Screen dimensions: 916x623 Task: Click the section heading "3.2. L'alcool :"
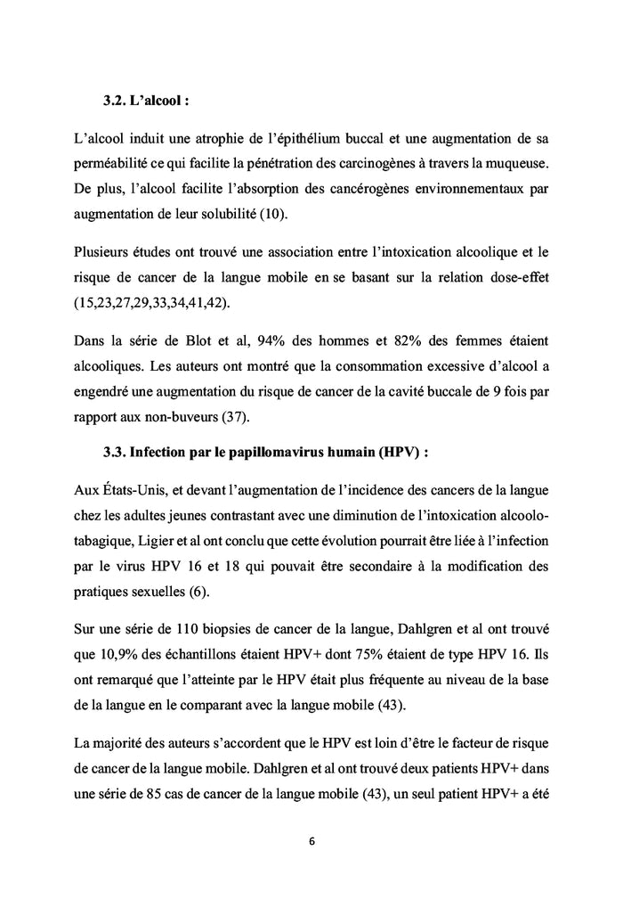146,101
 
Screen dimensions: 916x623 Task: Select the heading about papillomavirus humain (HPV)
266,453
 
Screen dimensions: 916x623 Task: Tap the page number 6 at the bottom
311,840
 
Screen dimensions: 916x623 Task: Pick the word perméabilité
113,165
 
